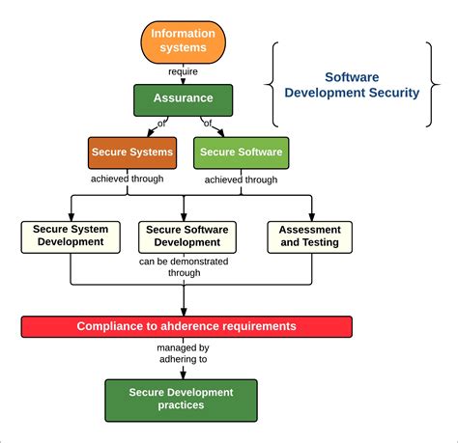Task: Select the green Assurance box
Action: pyautogui.click(x=183, y=99)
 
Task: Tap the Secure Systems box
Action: pyautogui.click(x=132, y=152)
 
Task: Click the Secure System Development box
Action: pyautogui.click(x=71, y=236)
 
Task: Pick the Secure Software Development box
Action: pyautogui.click(x=185, y=236)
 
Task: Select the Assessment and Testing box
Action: pyautogui.click(x=308, y=236)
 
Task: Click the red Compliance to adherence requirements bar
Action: pyautogui.click(x=186, y=326)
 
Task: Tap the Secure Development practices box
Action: pyautogui.click(x=181, y=399)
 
